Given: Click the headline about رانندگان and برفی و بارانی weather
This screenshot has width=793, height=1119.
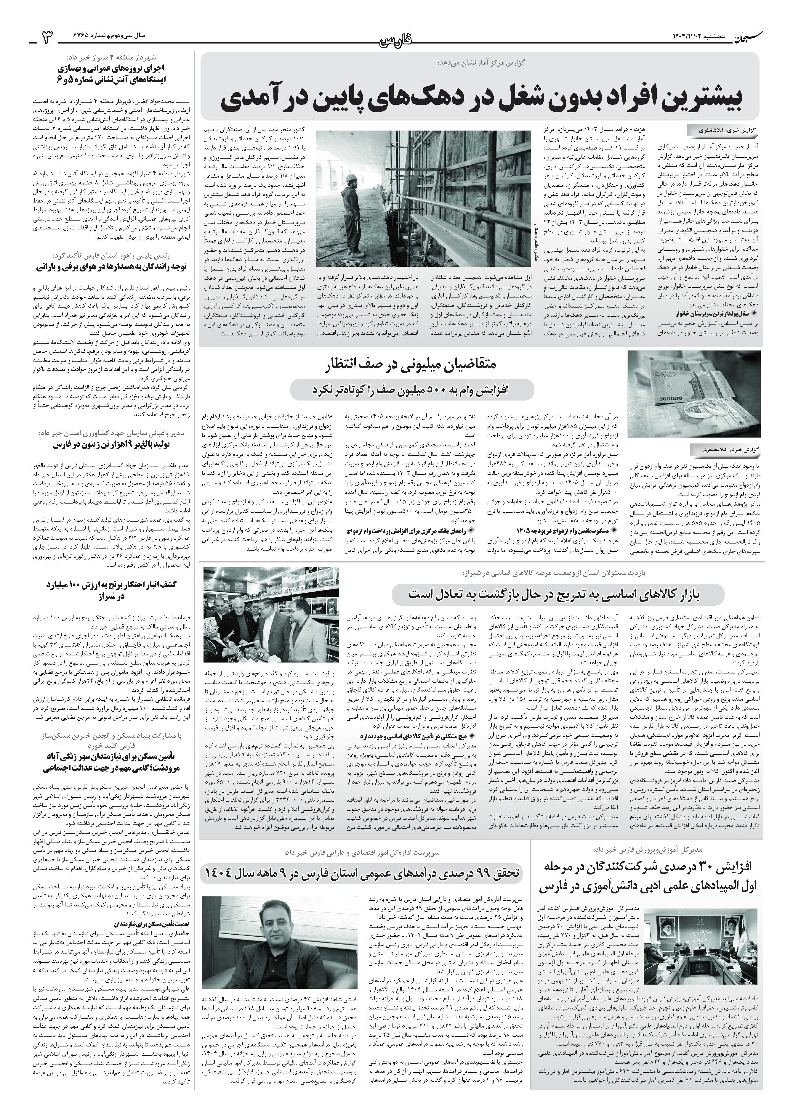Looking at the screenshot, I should coord(118,267).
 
